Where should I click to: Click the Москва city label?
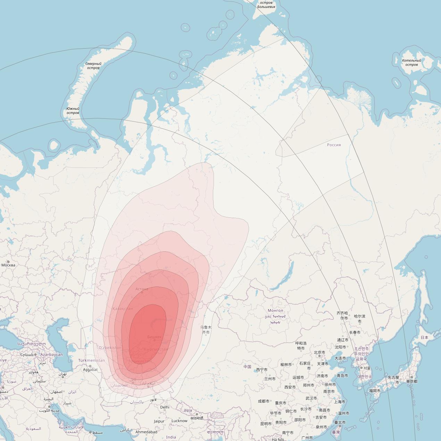click(x=8, y=265)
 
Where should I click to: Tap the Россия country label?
click(x=334, y=145)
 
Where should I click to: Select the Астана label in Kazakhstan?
click(x=142, y=289)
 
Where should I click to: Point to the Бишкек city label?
click(x=154, y=337)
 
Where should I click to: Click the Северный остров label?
click(x=93, y=66)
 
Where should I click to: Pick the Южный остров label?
click(x=73, y=111)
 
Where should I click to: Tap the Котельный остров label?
click(x=411, y=63)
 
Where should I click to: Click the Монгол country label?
click(x=275, y=310)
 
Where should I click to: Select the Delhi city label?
click(x=165, y=407)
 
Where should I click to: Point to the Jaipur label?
click(x=159, y=421)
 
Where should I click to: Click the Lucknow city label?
click(x=179, y=421)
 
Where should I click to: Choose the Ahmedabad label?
click(x=146, y=432)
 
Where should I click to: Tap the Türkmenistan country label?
click(x=91, y=360)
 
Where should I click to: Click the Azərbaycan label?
click(x=52, y=355)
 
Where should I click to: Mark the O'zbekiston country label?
click(x=110, y=348)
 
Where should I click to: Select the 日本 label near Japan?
click(x=424, y=337)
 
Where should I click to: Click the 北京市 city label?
click(x=319, y=352)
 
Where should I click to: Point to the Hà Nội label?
click(x=277, y=439)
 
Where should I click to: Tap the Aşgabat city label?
click(x=90, y=369)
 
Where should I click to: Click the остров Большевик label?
click(x=266, y=5)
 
